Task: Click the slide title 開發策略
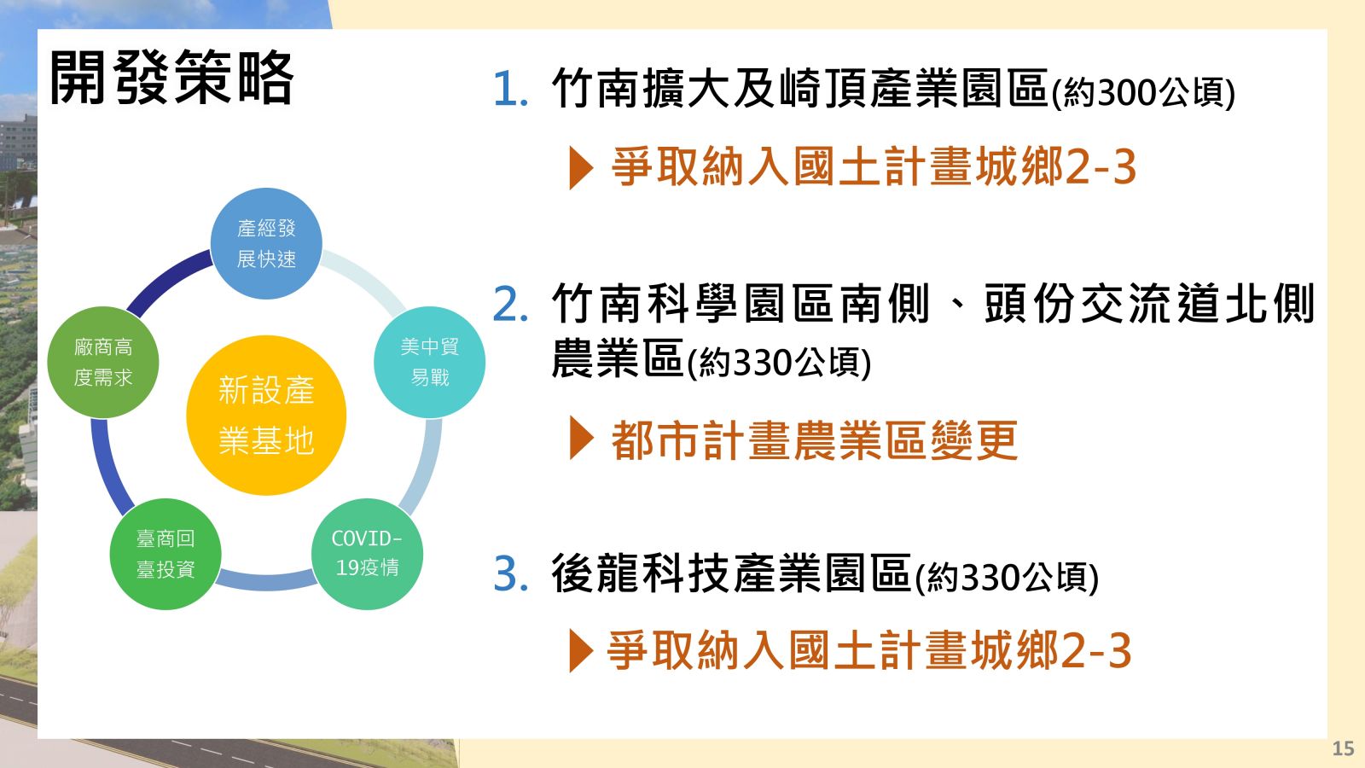[x=171, y=78]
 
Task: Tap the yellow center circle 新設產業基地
[x=266, y=415]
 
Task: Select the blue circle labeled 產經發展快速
[x=266, y=243]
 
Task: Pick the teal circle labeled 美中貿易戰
[x=430, y=362]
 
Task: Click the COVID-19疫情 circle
[x=367, y=554]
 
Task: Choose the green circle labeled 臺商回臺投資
[x=166, y=554]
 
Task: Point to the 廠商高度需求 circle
[x=103, y=362]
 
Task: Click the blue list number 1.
[x=511, y=89]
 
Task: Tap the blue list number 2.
[x=511, y=304]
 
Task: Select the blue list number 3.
[x=511, y=573]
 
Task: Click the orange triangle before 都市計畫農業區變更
[x=581, y=439]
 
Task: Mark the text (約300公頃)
[x=1144, y=93]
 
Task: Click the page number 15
[x=1343, y=748]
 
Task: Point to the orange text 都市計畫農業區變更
[x=815, y=439]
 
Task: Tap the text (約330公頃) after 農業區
[x=780, y=363]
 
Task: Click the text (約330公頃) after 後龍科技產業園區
[x=1008, y=577]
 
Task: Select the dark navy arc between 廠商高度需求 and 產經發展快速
[x=166, y=281]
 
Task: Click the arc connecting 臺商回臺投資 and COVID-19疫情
[x=266, y=580]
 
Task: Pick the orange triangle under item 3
[x=581, y=650]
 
